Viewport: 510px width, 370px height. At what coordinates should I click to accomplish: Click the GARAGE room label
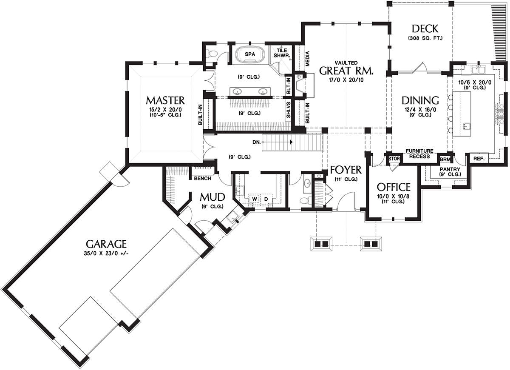[106, 244]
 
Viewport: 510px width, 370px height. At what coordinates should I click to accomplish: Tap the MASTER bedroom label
[165, 100]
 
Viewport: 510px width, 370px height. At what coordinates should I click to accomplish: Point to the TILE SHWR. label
[280, 53]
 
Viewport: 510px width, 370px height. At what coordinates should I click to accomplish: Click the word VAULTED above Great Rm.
[346, 62]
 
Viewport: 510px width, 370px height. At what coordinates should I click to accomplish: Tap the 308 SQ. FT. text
[425, 38]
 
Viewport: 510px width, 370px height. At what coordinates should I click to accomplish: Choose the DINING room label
[420, 101]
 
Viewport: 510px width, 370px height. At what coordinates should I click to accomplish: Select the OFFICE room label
[394, 187]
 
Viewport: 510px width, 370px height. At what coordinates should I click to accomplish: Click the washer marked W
[255, 199]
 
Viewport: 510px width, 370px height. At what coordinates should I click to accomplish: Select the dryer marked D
[266, 199]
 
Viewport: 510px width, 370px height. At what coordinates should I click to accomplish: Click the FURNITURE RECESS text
[419, 154]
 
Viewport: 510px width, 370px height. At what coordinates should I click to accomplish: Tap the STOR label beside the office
[392, 159]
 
